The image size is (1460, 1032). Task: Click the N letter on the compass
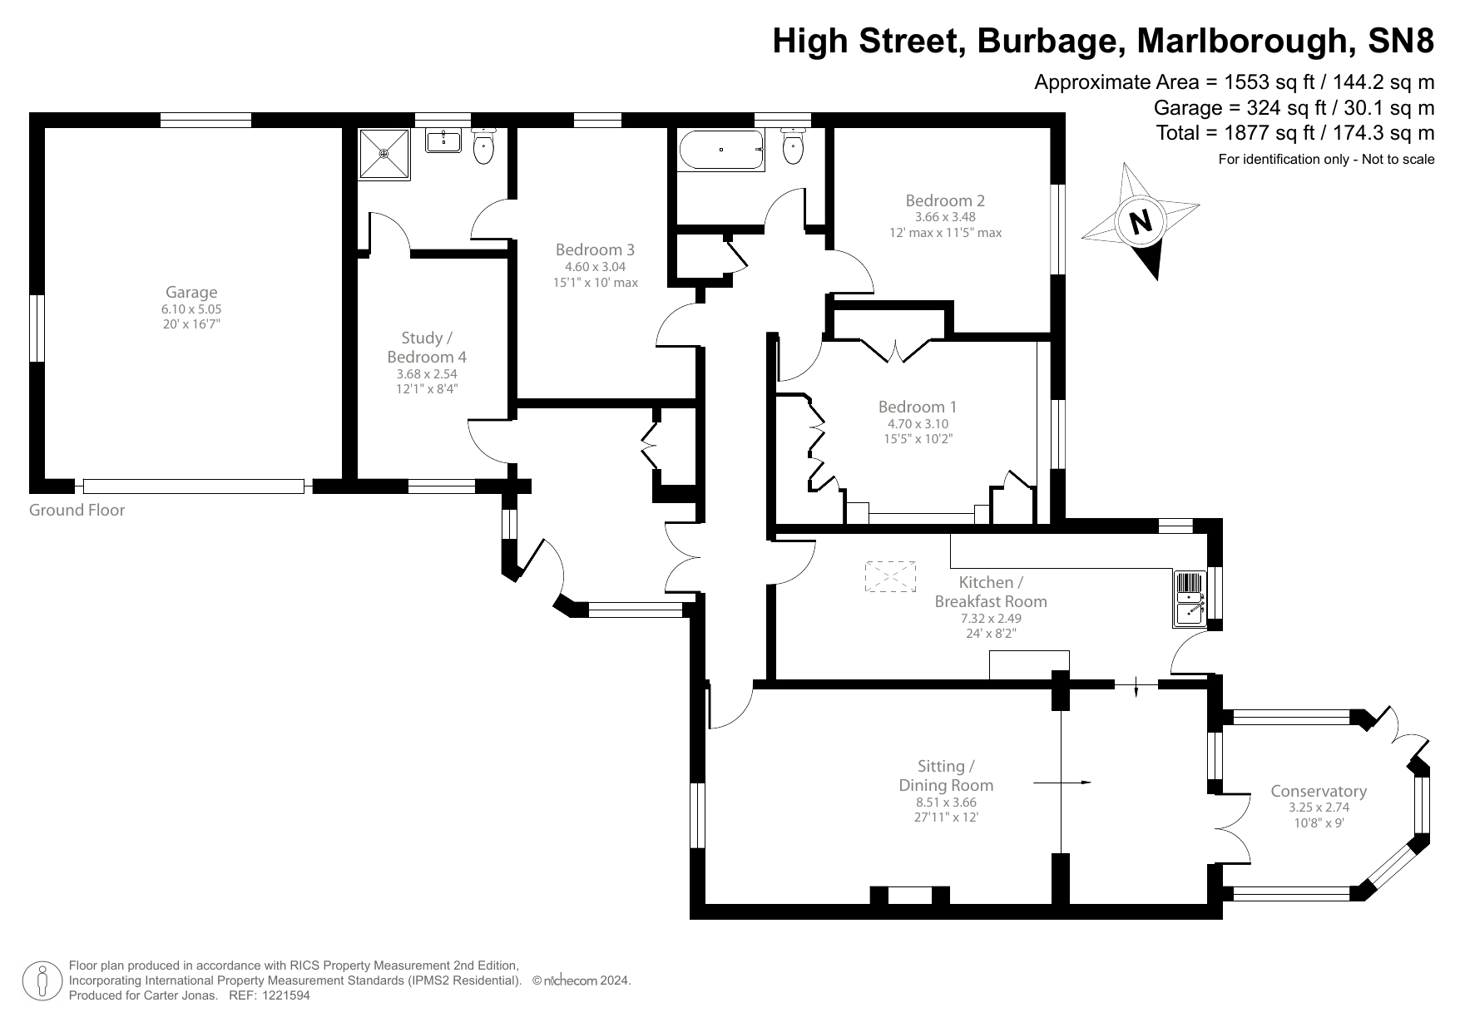coord(1141,221)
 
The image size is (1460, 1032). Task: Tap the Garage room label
coord(191,292)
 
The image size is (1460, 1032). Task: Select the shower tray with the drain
coord(384,153)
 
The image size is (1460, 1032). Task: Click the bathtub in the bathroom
coord(721,150)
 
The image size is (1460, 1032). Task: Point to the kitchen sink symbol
coord(1190,599)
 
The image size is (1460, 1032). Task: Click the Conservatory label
coord(1319,791)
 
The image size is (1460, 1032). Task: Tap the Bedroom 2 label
coord(945,200)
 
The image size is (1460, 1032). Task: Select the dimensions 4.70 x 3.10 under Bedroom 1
coord(918,423)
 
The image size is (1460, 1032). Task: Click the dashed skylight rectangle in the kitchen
coord(891,575)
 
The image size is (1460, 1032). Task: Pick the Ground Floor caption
coord(77,510)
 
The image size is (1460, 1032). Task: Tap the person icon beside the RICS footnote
coord(42,980)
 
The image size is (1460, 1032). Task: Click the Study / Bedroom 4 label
coord(427,348)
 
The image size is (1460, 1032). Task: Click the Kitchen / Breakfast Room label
coord(990,591)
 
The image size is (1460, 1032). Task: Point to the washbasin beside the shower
coord(443,141)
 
